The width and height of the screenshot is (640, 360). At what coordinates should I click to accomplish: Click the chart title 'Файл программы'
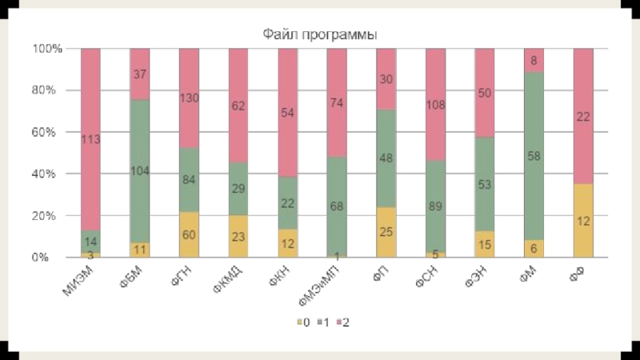[x=320, y=34]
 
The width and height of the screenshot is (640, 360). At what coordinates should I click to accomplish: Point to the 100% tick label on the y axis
[x=46, y=49]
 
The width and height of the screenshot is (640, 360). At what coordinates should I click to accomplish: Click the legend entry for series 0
[x=302, y=323]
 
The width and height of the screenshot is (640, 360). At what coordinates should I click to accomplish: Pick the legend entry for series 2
[x=342, y=323]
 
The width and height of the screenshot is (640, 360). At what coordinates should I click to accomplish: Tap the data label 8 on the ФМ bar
[x=534, y=60]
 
